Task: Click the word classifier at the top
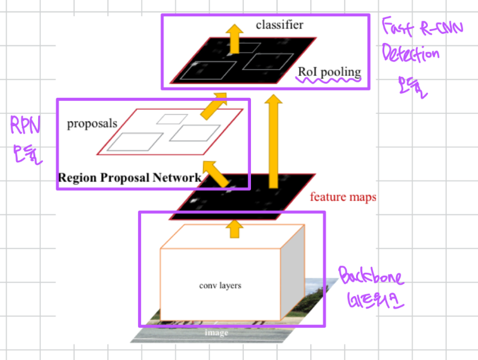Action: pyautogui.click(x=280, y=25)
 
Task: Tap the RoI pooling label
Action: pyautogui.click(x=330, y=72)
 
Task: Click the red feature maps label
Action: pyautogui.click(x=344, y=196)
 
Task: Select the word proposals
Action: pyautogui.click(x=91, y=124)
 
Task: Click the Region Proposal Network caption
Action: pyautogui.click(x=129, y=177)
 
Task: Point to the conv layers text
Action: pyautogui.click(x=220, y=285)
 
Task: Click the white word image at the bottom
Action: pyautogui.click(x=216, y=332)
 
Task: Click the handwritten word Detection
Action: pyautogui.click(x=410, y=56)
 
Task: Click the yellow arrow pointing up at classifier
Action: pyautogui.click(x=235, y=38)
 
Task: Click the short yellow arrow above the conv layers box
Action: pyautogui.click(x=234, y=226)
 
